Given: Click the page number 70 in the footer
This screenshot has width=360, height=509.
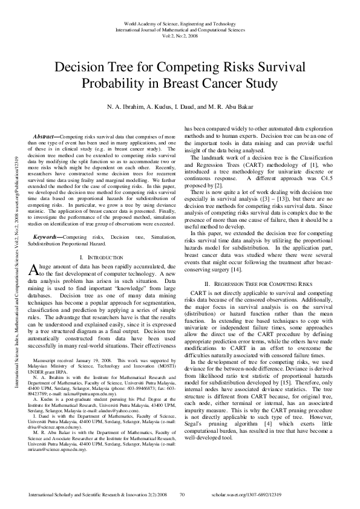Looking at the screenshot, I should coord(182,494).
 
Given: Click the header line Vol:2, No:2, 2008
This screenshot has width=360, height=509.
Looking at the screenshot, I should coord(180,35).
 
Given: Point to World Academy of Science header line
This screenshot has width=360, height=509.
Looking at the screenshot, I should coord(180,23).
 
